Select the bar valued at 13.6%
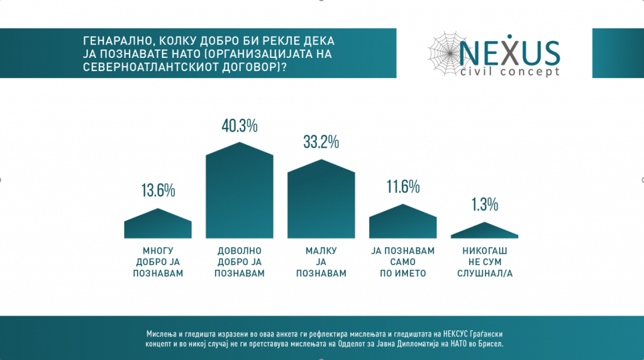click(x=158, y=225)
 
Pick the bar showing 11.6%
click(x=402, y=223)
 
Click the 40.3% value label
click(x=240, y=127)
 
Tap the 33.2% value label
click(x=321, y=142)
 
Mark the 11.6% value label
click(x=402, y=187)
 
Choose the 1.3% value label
click(x=485, y=205)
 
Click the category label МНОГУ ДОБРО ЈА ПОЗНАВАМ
click(x=158, y=262)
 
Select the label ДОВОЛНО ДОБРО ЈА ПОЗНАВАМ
click(x=240, y=262)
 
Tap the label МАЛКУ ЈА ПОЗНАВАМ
click(x=321, y=262)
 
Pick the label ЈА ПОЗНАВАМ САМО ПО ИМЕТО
click(x=403, y=262)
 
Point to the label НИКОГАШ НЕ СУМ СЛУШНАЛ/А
click(x=485, y=262)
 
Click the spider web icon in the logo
click(x=447, y=51)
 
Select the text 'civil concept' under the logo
click(x=510, y=72)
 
